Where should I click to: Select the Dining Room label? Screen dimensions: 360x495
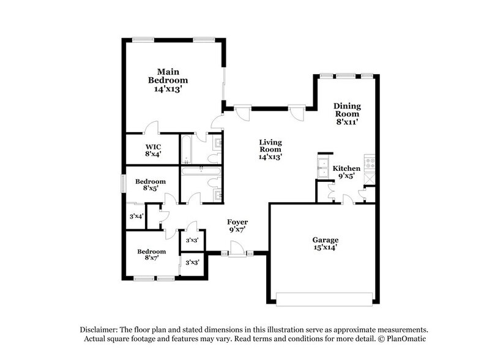(x=346, y=113)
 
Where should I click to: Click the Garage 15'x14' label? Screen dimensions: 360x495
(x=325, y=244)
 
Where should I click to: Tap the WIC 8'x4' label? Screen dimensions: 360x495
(x=153, y=151)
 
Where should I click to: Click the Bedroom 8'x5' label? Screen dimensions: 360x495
(x=150, y=186)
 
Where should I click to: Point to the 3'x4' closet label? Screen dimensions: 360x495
(x=136, y=216)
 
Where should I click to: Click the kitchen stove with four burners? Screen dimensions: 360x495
(x=370, y=163)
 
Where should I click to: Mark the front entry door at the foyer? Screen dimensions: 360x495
(x=237, y=252)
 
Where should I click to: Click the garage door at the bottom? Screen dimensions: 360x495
(x=324, y=299)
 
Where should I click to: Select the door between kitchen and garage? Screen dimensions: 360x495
(x=346, y=200)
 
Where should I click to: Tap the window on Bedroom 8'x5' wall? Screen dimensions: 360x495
(x=123, y=182)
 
